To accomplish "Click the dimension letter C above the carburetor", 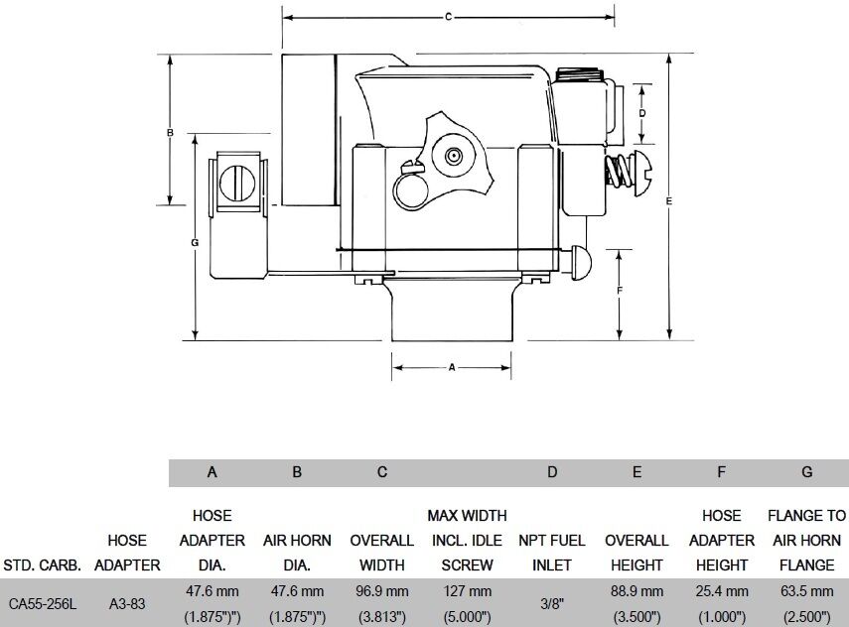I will coord(448,17).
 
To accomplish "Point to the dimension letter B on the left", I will coord(170,132).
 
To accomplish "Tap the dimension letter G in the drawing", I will coord(196,242).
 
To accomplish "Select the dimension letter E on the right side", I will coord(670,201).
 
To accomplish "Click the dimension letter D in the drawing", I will coord(642,113).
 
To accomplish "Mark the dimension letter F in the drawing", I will coord(619,290).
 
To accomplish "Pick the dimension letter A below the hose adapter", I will coord(452,367).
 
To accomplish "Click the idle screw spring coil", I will coord(619,171).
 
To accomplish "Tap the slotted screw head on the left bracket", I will coord(237,183).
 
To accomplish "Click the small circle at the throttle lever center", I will coord(454,156).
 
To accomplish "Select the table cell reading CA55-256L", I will coord(44,602).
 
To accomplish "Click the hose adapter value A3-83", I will coord(127,602).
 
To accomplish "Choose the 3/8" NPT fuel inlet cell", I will coord(552,602).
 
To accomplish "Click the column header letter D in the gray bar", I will coord(552,472).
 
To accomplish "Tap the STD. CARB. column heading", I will coord(44,565).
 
